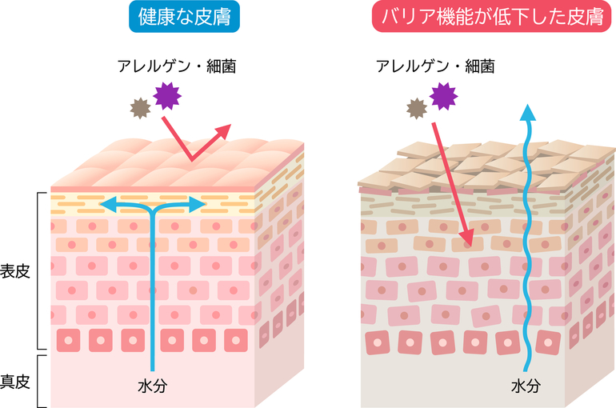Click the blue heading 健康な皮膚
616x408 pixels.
(x=184, y=17)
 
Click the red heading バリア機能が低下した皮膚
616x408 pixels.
(x=491, y=17)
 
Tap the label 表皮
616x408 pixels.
(x=15, y=271)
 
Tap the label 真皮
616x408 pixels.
(x=15, y=382)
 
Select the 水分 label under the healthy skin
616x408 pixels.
(x=153, y=386)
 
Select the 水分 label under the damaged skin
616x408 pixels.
(x=526, y=386)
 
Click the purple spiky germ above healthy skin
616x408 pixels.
(x=167, y=96)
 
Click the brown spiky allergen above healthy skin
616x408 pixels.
(x=140, y=108)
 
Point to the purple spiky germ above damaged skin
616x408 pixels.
(x=443, y=96)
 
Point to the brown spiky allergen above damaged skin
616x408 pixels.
(x=417, y=109)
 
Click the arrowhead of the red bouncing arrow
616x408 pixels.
(x=223, y=131)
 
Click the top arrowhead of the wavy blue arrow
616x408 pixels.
(x=528, y=112)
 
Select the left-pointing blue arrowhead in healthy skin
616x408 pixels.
(x=108, y=205)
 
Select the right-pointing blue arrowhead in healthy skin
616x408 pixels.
(x=198, y=205)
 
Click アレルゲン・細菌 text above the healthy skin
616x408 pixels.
(x=177, y=66)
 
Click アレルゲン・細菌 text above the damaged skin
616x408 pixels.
(x=435, y=66)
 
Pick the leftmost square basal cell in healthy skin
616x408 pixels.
(x=68, y=341)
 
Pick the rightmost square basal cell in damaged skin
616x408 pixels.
(x=548, y=343)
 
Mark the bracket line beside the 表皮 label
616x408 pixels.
(x=38, y=271)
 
